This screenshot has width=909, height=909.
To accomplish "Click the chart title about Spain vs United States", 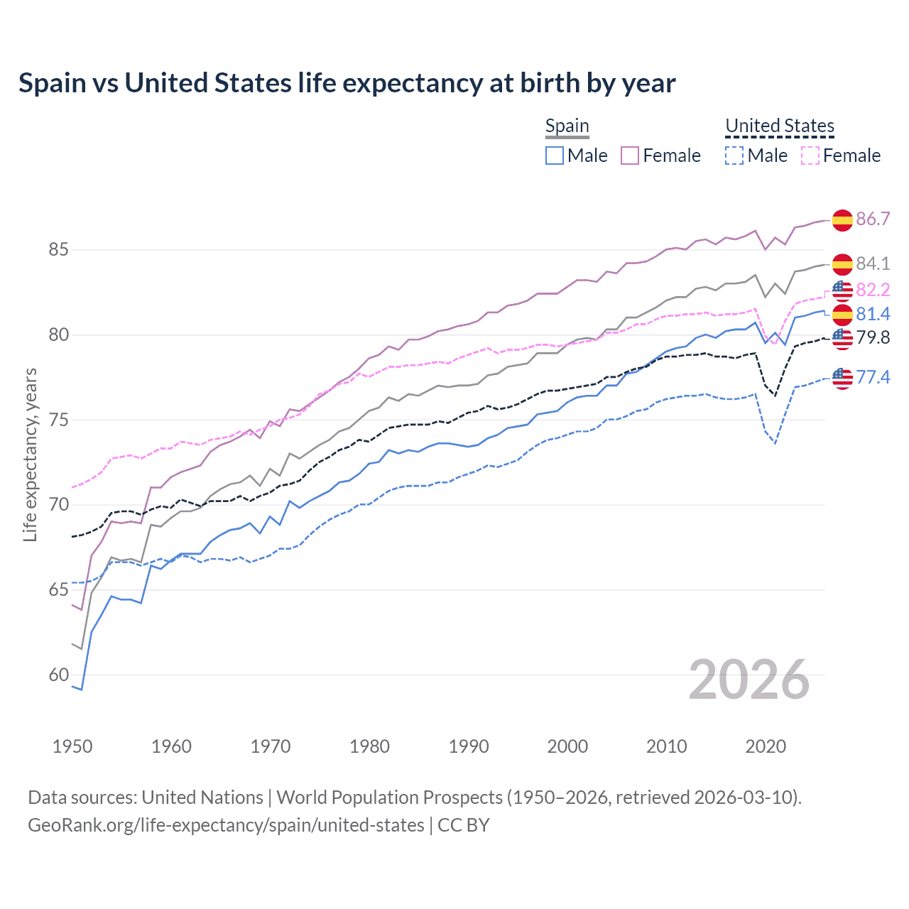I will pyautogui.click(x=347, y=83).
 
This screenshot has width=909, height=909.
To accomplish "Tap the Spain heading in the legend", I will pyautogui.click(x=567, y=126).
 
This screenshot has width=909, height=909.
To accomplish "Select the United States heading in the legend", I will pyautogui.click(x=779, y=126).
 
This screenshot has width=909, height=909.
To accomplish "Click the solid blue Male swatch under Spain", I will pyautogui.click(x=555, y=156).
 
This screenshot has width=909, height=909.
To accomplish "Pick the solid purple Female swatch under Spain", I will pyautogui.click(x=630, y=156).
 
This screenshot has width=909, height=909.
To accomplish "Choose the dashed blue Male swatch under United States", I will pyautogui.click(x=734, y=156).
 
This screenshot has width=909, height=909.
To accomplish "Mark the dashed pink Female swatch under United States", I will pyautogui.click(x=810, y=156).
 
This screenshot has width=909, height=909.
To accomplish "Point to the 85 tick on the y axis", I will pyautogui.click(x=58, y=250).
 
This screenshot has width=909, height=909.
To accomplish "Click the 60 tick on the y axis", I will pyautogui.click(x=58, y=675).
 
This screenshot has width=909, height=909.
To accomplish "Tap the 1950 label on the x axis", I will pyautogui.click(x=72, y=746).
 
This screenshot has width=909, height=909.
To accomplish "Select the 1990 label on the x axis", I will pyautogui.click(x=469, y=746).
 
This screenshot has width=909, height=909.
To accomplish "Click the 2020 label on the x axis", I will pyautogui.click(x=766, y=746).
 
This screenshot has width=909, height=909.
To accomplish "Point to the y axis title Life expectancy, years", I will pyautogui.click(x=30, y=454).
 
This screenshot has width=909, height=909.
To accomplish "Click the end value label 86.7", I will pyautogui.click(x=873, y=219).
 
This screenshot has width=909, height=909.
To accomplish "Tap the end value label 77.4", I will pyautogui.click(x=873, y=377).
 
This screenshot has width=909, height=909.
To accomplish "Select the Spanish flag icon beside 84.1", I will pyautogui.click(x=842, y=264).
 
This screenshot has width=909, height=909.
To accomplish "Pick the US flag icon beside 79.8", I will pyautogui.click(x=842, y=339).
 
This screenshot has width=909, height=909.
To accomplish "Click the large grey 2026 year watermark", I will pyautogui.click(x=749, y=680).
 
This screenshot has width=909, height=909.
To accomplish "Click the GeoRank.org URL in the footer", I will pyautogui.click(x=226, y=825).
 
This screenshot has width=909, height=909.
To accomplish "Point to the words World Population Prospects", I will pyautogui.click(x=388, y=798).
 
